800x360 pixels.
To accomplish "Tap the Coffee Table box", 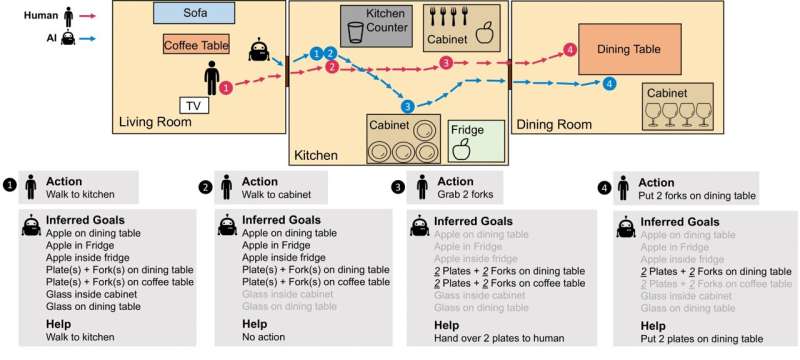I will (x=196, y=44).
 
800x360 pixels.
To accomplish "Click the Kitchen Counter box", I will (x=374, y=25).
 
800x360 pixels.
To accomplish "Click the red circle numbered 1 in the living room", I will (x=226, y=88).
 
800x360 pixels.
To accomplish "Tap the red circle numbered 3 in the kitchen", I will (x=446, y=64).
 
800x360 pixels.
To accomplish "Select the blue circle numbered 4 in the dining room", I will (x=610, y=84).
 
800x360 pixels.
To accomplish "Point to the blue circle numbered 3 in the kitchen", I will (x=407, y=105).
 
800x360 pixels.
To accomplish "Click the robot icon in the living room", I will (x=259, y=50).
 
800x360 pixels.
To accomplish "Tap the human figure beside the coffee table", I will (x=212, y=77).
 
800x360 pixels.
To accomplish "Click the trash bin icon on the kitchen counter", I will (x=356, y=32).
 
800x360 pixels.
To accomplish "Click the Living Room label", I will (x=156, y=123).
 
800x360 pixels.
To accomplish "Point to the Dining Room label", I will (x=553, y=124).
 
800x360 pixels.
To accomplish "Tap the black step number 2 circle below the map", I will (x=206, y=186).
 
